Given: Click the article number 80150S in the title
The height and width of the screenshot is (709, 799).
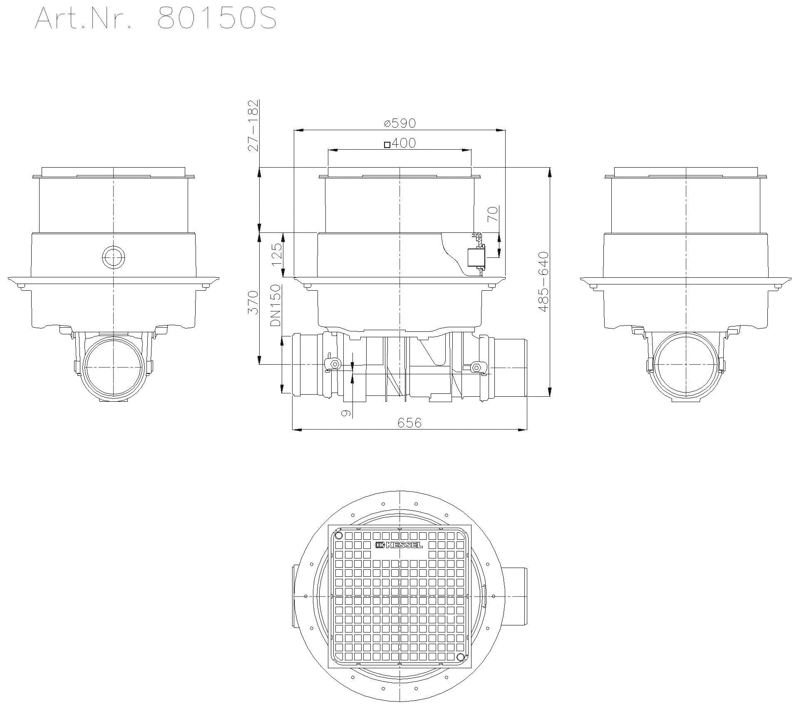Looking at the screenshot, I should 217,19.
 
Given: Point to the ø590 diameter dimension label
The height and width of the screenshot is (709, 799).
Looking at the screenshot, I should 400,123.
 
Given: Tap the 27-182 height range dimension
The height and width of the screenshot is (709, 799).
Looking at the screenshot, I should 253,126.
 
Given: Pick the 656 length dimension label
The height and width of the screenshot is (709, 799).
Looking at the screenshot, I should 409,423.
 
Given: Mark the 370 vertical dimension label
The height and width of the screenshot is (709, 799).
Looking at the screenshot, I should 253,302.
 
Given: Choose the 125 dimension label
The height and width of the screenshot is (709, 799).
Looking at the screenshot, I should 276,254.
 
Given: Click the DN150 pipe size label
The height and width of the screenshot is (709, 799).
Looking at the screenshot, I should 275,306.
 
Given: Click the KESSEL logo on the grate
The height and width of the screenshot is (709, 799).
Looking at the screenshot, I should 399,545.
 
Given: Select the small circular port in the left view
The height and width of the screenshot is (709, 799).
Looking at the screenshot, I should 113,257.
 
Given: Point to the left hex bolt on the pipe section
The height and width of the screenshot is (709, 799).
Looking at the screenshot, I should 334,365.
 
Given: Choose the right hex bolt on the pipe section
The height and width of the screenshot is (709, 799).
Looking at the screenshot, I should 476,367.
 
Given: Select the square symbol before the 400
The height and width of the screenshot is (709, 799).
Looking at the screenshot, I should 387,145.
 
